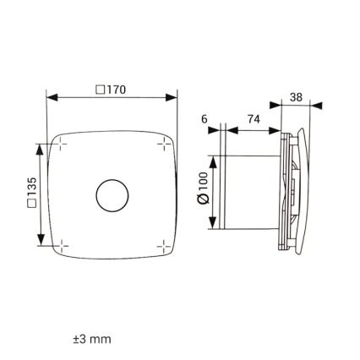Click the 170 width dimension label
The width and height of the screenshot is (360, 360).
click(x=116, y=89)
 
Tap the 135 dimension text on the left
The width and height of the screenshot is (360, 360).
click(x=31, y=196)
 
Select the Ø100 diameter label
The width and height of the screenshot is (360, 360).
click(x=203, y=188)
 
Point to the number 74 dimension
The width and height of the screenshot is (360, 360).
click(x=254, y=120)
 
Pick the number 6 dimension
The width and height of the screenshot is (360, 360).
click(x=204, y=120)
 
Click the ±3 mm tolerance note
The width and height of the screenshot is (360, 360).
click(x=92, y=339)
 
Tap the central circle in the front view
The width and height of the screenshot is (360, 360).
click(x=112, y=195)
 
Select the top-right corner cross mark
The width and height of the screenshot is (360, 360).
click(x=164, y=145)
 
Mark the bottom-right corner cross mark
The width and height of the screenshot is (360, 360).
click(x=164, y=246)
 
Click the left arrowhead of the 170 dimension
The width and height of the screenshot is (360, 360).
click(x=52, y=98)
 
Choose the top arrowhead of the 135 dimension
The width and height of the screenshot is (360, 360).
click(x=41, y=149)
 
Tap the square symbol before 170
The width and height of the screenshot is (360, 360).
click(x=101, y=89)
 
